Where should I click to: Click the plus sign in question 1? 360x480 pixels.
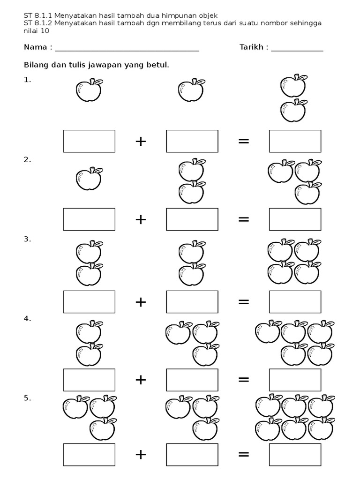coord(141,141)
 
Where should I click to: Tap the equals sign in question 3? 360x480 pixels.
coord(244,301)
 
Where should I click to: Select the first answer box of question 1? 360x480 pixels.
coord(89,141)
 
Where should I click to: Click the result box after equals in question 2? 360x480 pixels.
coord(295,219)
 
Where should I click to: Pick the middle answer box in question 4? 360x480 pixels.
coord(192,380)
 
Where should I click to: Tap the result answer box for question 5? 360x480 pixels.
coord(295,454)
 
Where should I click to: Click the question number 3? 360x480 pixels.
coord(27,239)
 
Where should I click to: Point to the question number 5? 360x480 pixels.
coord(27,398)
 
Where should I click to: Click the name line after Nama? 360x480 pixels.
coord(127,48)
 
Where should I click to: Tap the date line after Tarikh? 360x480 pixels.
coord(297,48)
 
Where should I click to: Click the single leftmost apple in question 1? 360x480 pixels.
coord(89,90)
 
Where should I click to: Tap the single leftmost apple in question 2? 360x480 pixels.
coord(89,179)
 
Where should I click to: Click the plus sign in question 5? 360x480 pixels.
coord(141,454)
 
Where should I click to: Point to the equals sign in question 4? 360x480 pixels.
coord(244,380)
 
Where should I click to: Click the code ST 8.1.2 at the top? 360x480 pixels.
coord(38,23)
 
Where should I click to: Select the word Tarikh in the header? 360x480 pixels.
coord(251,47)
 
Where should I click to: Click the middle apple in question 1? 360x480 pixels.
coord(191,90)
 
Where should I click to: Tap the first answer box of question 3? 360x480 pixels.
coord(89,301)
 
